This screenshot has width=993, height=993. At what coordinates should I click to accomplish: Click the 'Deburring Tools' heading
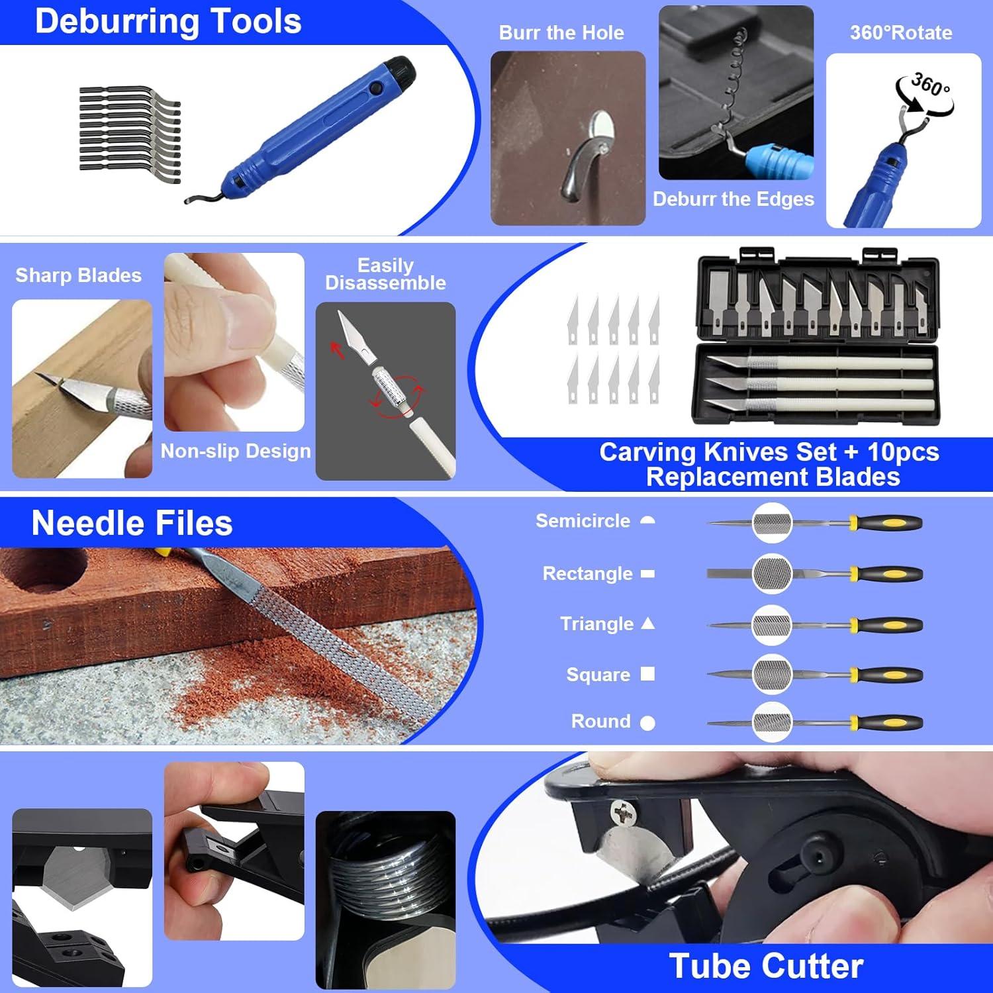[168, 21]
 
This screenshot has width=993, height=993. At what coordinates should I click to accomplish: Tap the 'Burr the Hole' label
[561, 32]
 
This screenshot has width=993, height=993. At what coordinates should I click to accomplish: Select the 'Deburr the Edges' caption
[733, 199]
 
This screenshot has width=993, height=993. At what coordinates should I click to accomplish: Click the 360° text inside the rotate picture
[930, 84]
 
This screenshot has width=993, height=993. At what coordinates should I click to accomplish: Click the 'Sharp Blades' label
[78, 275]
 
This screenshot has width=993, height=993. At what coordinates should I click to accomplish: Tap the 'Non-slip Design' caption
[236, 451]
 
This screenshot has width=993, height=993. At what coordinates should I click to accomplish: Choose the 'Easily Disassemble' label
[385, 274]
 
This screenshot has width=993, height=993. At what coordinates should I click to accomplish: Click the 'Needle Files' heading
[132, 523]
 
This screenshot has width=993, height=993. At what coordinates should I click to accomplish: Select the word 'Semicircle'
[583, 521]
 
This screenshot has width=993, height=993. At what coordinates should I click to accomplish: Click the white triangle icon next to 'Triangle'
[648, 623]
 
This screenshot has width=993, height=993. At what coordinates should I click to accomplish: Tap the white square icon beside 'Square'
[648, 674]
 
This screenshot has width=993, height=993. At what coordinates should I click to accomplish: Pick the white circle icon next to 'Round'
[648, 723]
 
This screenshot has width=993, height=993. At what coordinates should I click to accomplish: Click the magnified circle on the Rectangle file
[772, 573]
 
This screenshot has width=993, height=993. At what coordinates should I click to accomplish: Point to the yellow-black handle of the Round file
[887, 723]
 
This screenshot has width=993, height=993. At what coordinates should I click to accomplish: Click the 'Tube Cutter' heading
[766, 966]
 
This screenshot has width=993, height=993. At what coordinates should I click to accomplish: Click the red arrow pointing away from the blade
[338, 350]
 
